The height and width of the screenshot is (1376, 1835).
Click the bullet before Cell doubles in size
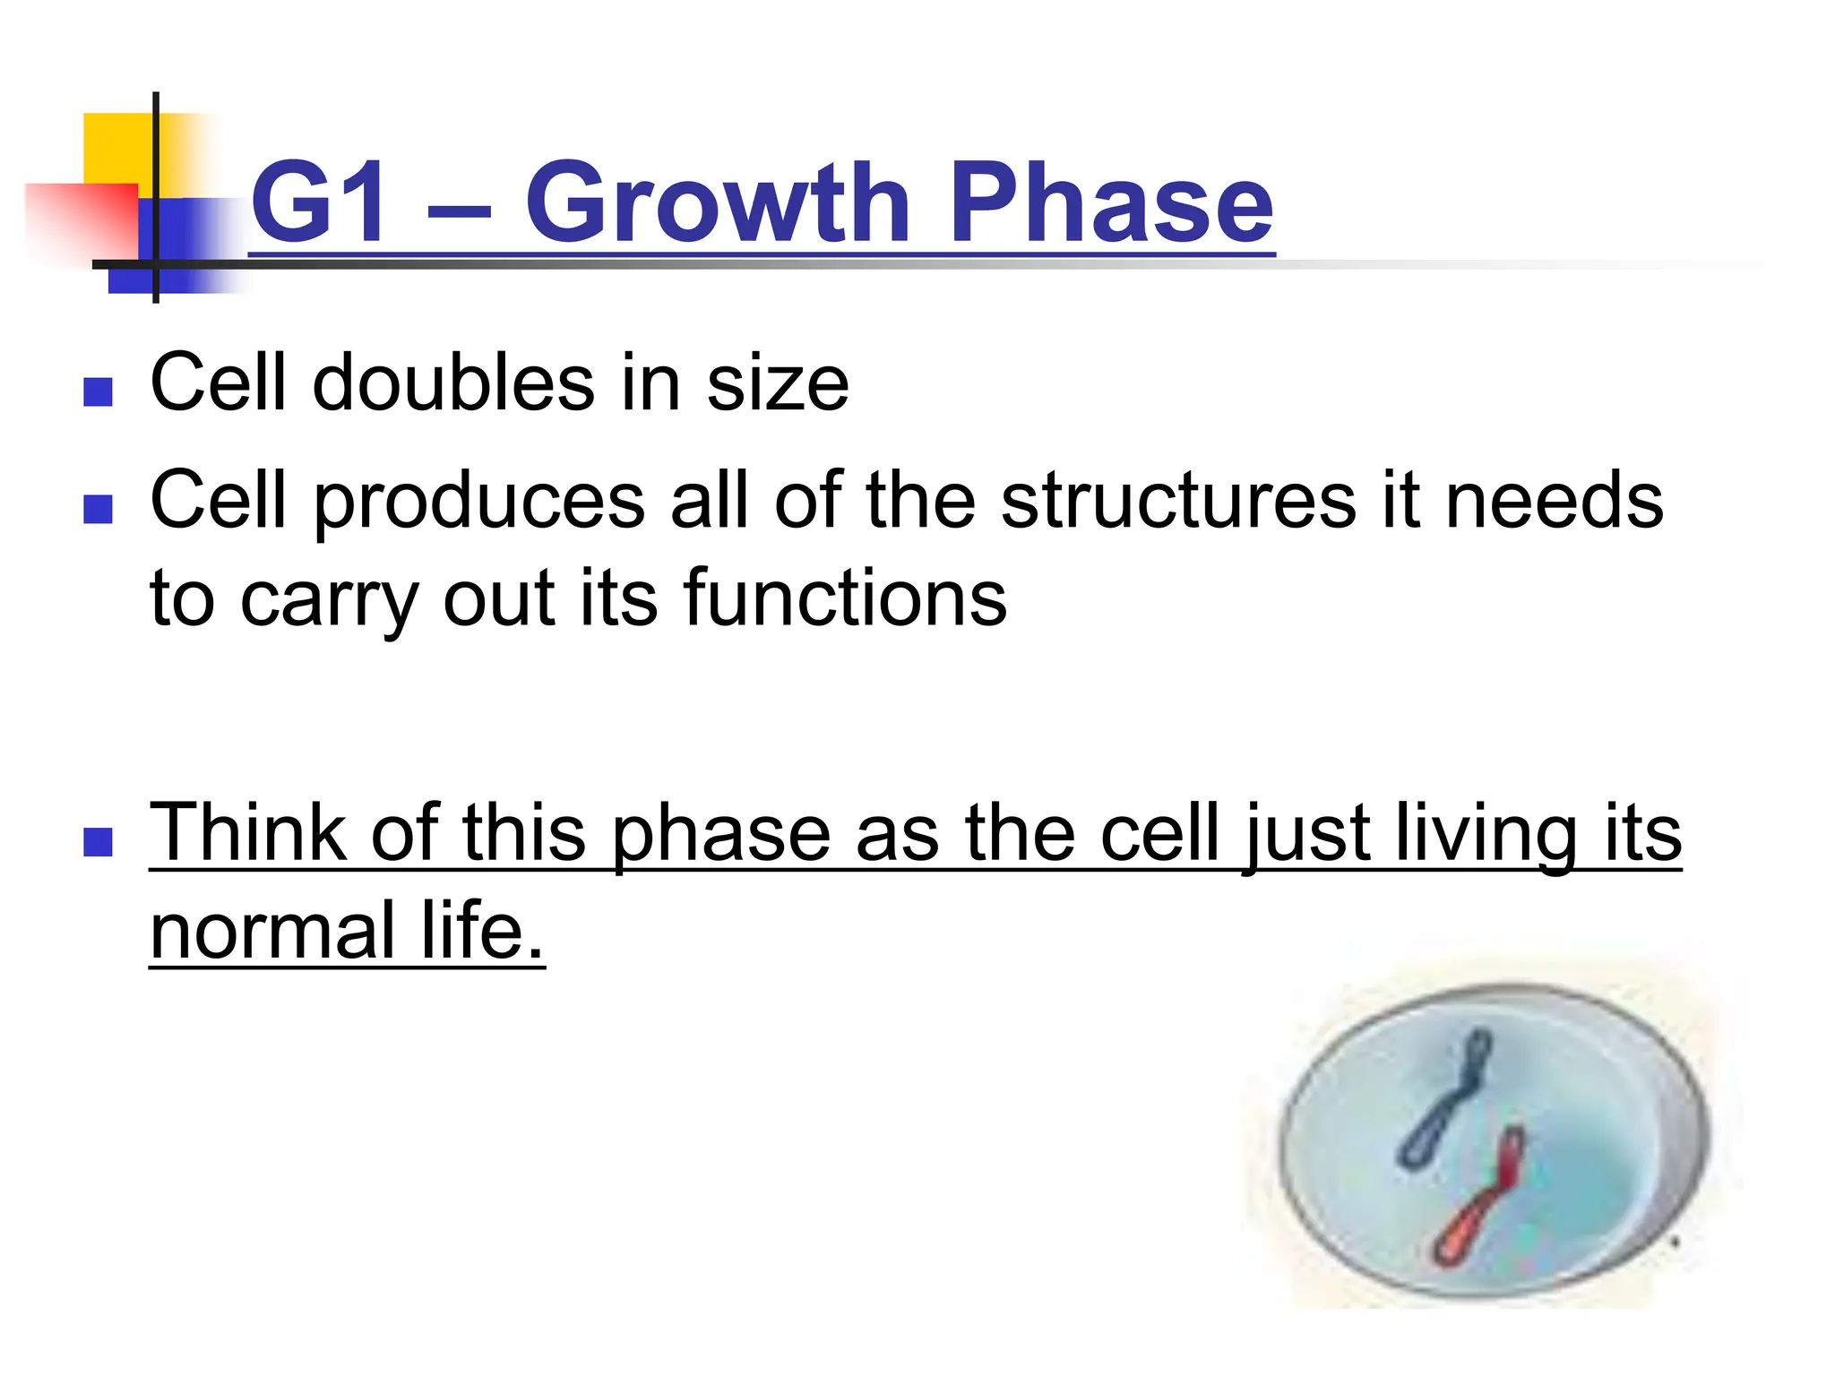point(98,391)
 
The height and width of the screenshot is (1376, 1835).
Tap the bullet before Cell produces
point(98,509)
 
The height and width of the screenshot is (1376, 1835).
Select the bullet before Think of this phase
point(98,841)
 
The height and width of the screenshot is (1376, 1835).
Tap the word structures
point(1178,501)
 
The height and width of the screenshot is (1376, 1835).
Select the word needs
point(1555,501)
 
